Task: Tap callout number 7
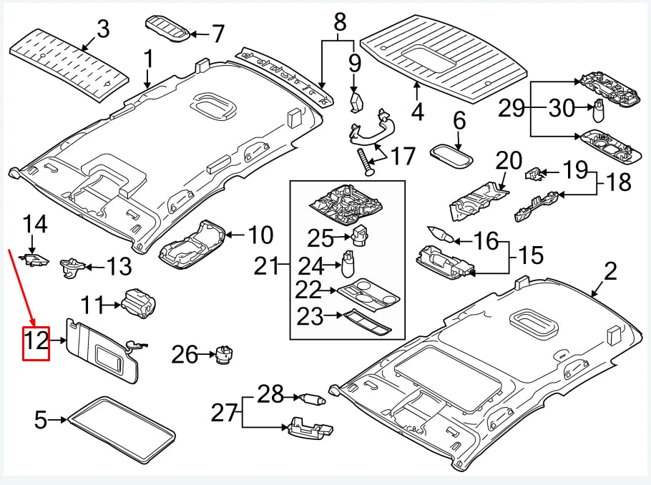pyautogui.click(x=217, y=34)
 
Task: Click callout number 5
pyautogui.click(x=40, y=420)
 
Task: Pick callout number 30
pyautogui.click(x=562, y=109)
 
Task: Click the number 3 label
pyautogui.click(x=103, y=30)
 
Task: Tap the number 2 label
pyautogui.click(x=610, y=272)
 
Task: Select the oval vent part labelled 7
pyautogui.click(x=169, y=26)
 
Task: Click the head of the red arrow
pyautogui.click(x=31, y=322)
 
